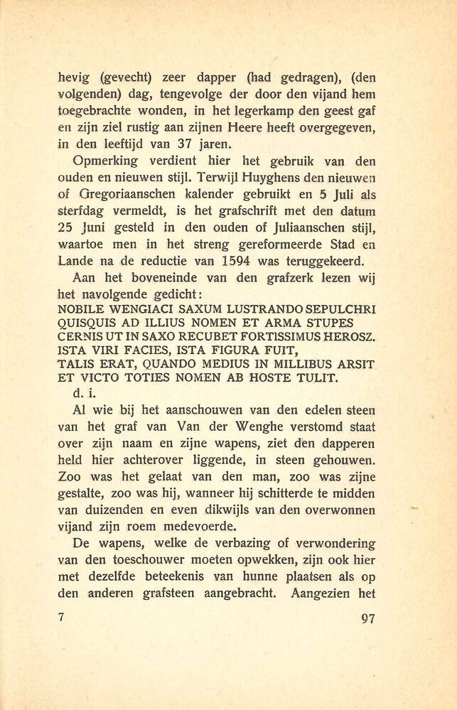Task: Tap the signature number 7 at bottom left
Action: click(62, 617)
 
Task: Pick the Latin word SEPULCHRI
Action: click(345, 310)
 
